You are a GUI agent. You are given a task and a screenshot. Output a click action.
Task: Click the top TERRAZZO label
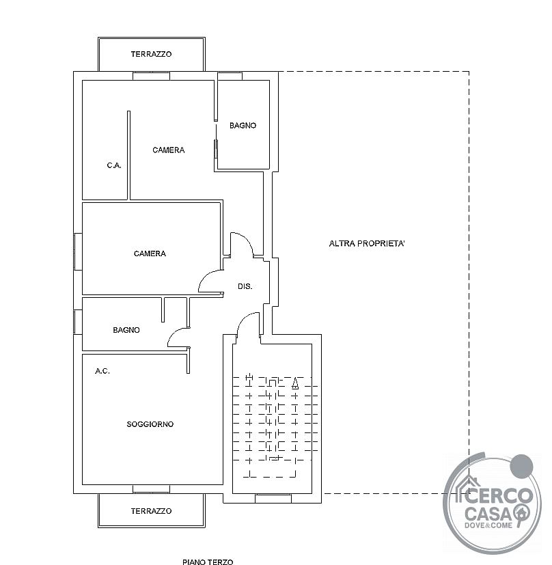(x=151, y=54)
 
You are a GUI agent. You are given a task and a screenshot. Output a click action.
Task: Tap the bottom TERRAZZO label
(x=151, y=511)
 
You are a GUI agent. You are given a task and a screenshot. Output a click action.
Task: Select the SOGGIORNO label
(x=150, y=424)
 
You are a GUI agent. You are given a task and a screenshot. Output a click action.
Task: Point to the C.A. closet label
(x=114, y=165)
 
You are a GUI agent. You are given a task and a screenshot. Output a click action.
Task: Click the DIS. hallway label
(x=245, y=286)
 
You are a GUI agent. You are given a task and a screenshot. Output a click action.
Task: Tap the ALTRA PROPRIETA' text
(x=367, y=244)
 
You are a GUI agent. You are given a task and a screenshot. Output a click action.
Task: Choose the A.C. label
(x=102, y=371)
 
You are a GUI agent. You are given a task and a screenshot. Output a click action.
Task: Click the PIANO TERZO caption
(x=208, y=562)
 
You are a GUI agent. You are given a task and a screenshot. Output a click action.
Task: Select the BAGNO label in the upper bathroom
(x=243, y=126)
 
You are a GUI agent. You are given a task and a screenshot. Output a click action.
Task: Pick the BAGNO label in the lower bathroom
(x=126, y=330)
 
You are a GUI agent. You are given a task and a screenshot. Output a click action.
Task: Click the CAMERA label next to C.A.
(x=168, y=150)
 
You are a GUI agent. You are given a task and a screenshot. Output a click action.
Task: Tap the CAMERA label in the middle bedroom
(x=150, y=253)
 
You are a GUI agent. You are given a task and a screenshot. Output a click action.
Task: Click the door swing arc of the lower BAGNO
(x=172, y=334)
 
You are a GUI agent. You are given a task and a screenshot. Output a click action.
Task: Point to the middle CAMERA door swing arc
(x=204, y=275)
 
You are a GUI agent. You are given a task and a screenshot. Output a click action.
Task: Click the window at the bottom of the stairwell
(x=273, y=499)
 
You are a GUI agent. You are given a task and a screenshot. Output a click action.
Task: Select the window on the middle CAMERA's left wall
(x=78, y=251)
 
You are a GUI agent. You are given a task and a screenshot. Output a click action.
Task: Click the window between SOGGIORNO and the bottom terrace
(x=152, y=489)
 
